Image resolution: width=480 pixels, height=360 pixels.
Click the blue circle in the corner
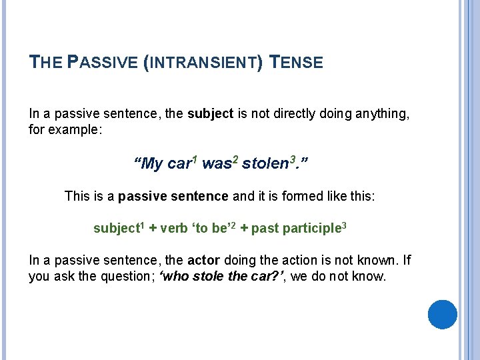coord(442,314)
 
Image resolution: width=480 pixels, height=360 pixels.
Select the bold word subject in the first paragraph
coord(210,114)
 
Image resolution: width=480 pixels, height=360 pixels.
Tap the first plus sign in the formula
coord(153,229)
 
